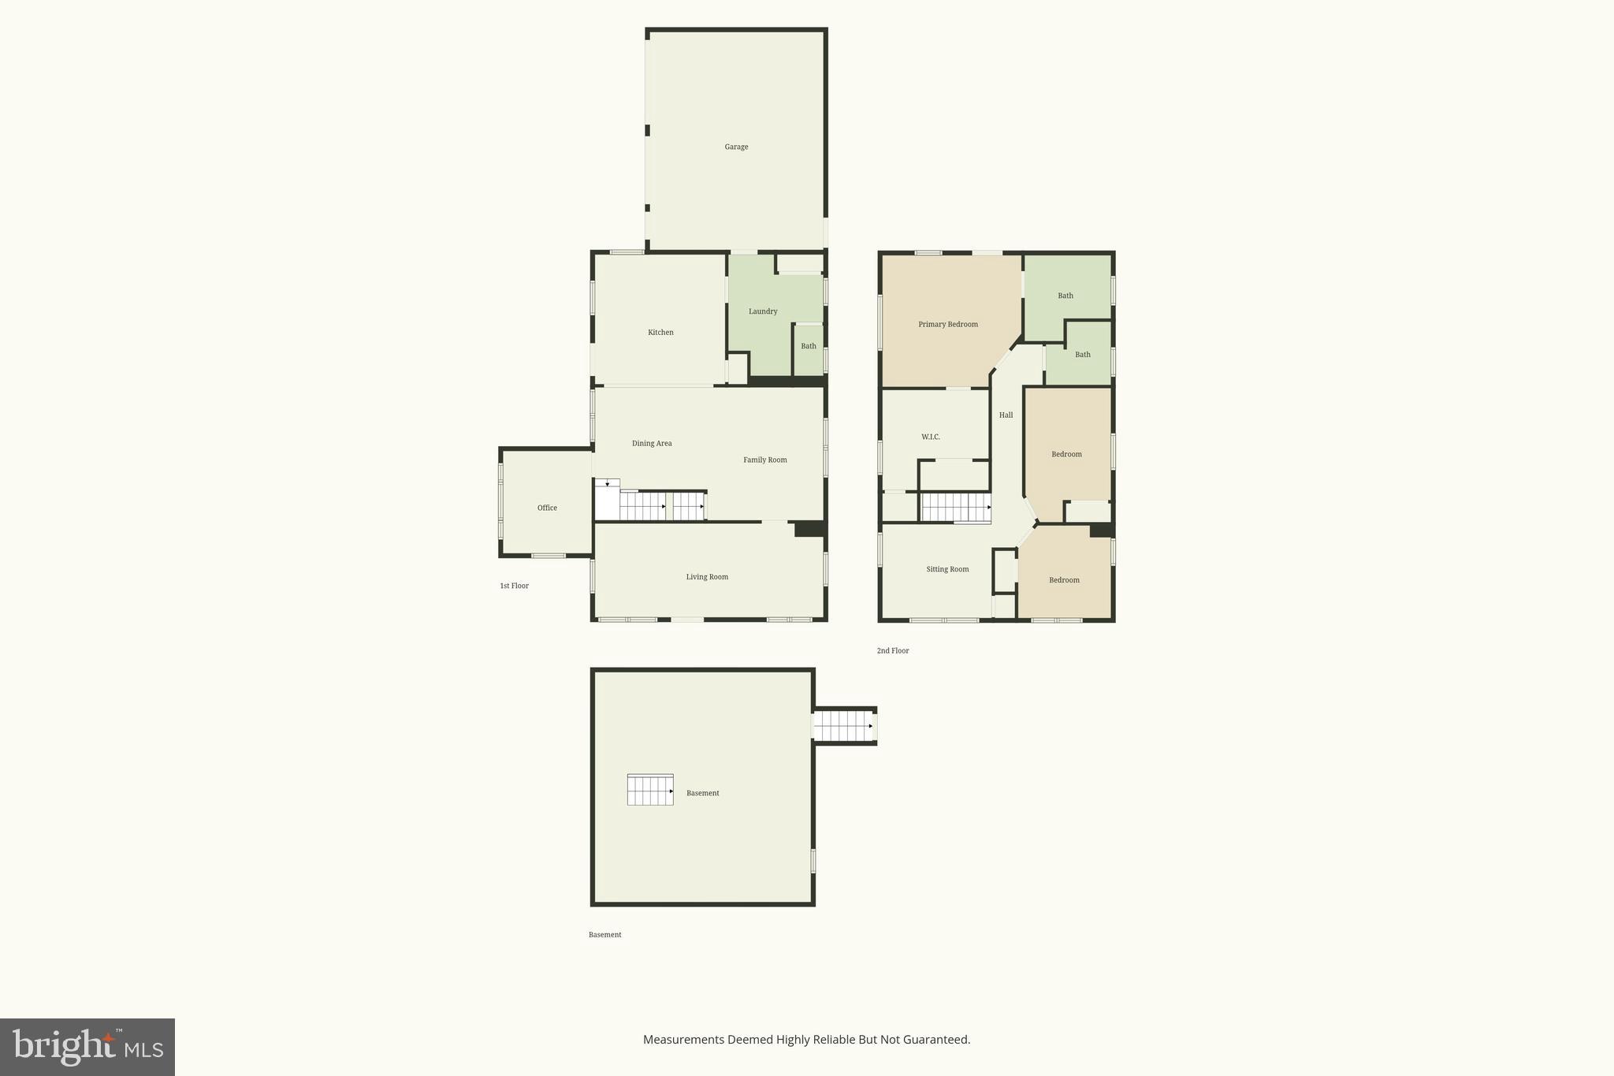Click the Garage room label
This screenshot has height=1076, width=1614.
(x=736, y=147)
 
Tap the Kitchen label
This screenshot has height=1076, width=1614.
(x=660, y=333)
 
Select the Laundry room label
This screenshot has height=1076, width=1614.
(x=763, y=311)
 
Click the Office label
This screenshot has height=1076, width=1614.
(x=547, y=508)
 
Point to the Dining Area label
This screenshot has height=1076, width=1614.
(x=652, y=444)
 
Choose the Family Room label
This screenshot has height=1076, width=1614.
(x=765, y=460)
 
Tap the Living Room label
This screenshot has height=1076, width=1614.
(x=707, y=577)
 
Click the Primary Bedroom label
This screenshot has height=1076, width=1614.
(x=948, y=325)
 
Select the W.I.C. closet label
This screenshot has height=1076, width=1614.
(x=931, y=437)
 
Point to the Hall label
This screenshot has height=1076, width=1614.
(x=1006, y=415)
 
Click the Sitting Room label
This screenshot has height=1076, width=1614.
(x=947, y=569)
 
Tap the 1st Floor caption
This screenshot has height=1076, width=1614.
(x=514, y=586)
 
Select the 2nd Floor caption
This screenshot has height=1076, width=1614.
(x=893, y=651)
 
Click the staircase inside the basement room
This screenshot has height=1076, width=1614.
(x=650, y=790)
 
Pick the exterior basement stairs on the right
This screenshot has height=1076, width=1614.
(x=843, y=726)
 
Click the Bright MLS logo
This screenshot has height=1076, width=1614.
(x=87, y=1047)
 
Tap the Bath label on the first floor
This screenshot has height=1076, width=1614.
(x=809, y=347)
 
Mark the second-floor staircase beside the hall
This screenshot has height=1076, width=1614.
(x=956, y=508)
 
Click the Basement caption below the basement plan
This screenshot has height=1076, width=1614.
(x=604, y=935)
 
